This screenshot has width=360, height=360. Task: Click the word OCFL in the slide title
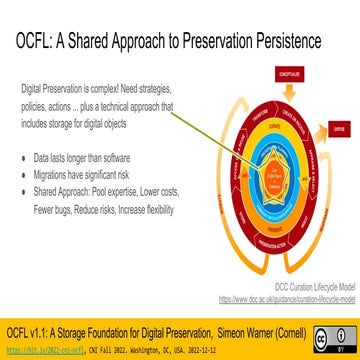[x=37, y=43]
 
